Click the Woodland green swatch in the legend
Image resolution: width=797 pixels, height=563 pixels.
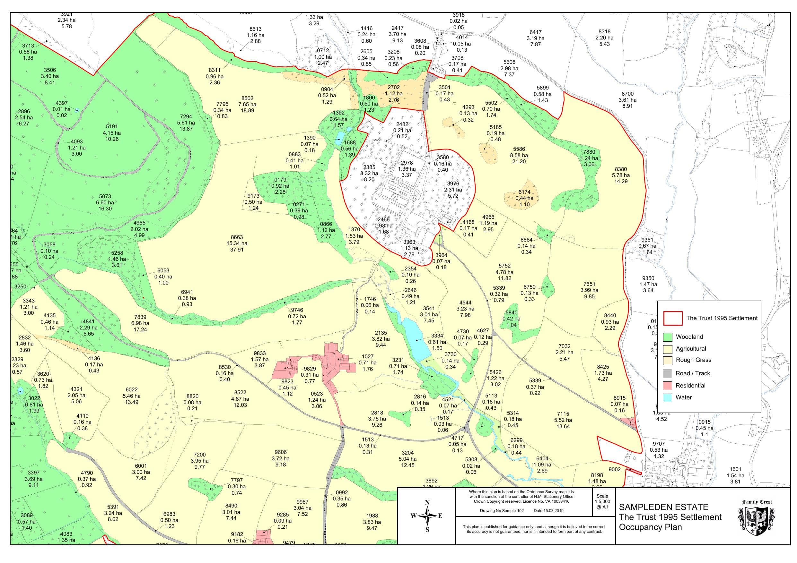667,337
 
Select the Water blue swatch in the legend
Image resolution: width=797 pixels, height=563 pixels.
667,397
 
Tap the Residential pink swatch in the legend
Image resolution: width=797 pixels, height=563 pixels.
667,385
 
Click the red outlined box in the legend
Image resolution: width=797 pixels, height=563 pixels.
673,318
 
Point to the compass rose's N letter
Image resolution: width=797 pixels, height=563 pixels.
427,503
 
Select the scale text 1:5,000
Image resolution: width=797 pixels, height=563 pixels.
602,502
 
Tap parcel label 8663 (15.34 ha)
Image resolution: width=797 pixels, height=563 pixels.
237,237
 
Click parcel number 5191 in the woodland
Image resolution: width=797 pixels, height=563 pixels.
112,127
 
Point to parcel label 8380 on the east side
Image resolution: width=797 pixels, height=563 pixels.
621,169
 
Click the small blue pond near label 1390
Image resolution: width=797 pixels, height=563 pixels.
339,138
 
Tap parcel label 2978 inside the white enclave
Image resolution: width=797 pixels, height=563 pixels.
407,163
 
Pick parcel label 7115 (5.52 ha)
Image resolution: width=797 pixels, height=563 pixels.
563,414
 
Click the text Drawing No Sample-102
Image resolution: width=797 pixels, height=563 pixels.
502,511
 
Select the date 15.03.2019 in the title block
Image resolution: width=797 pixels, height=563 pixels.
548,511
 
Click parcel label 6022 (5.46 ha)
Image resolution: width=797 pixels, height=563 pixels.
132,389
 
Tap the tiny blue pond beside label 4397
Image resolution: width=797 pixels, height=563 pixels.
77,110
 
